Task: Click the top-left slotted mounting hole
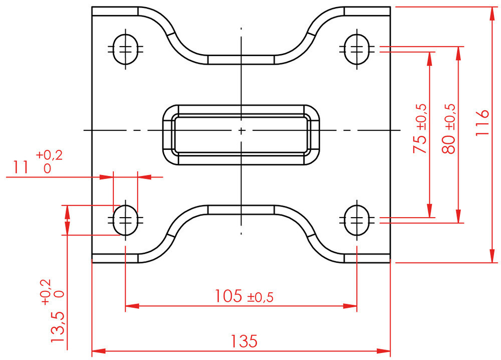pyautogui.click(x=125, y=49)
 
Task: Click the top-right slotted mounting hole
pyautogui.click(x=357, y=49)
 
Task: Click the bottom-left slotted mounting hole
pyautogui.click(x=125, y=219)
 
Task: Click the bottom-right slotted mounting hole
pyautogui.click(x=357, y=219)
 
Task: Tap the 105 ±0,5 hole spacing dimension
pyautogui.click(x=244, y=296)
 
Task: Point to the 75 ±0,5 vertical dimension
pyautogui.click(x=420, y=128)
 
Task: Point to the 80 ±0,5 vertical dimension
pyautogui.click(x=448, y=128)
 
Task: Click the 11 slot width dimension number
pyautogui.click(x=21, y=167)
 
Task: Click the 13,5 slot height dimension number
pyautogui.click(x=58, y=327)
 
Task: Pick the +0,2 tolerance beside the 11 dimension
pyautogui.click(x=49, y=156)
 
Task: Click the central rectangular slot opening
pyautogui.click(x=241, y=134)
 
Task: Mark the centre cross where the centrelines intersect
pyautogui.click(x=241, y=130)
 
